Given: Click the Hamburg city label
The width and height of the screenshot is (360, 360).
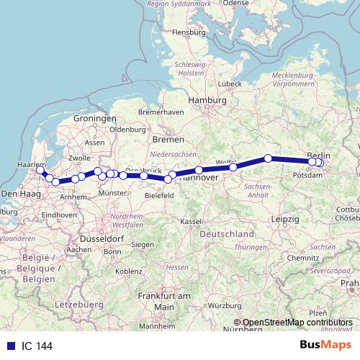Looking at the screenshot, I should [204, 101].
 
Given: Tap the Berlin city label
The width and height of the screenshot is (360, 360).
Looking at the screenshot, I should [319, 155].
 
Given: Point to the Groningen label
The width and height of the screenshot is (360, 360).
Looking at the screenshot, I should [95, 118].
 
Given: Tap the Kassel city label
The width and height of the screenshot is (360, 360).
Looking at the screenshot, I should [190, 220].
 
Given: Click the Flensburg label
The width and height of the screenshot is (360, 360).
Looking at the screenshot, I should [188, 32].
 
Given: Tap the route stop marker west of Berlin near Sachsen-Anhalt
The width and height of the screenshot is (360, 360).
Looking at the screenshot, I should [268, 158].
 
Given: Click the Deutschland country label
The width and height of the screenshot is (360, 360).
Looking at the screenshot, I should [227, 235].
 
